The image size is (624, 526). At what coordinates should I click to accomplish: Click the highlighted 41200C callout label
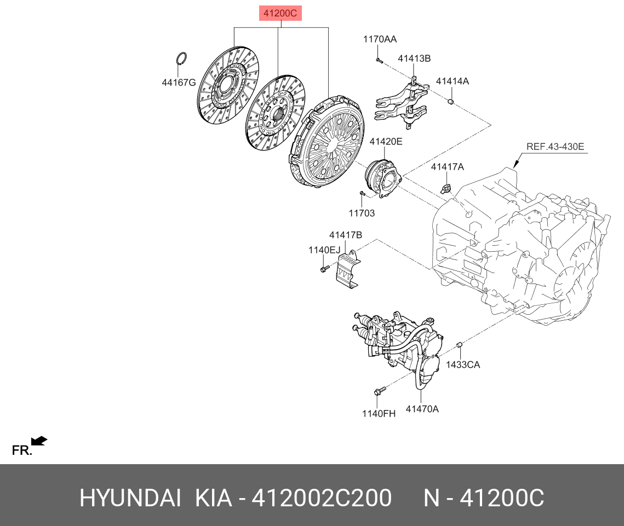click(280, 13)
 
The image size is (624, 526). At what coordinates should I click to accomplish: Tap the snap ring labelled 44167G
click(182, 58)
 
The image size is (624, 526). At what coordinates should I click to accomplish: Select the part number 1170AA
click(380, 39)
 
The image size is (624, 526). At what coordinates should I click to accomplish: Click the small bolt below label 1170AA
click(379, 60)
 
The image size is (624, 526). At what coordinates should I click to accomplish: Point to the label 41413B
click(414, 59)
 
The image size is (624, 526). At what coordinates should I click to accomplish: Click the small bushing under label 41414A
click(451, 101)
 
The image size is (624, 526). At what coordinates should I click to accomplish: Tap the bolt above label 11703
click(362, 193)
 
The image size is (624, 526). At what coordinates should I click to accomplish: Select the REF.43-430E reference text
click(555, 146)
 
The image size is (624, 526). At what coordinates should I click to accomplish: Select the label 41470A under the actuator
click(422, 409)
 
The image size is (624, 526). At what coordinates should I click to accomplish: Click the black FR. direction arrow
click(39, 441)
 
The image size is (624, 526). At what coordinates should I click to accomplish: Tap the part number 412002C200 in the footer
click(322, 498)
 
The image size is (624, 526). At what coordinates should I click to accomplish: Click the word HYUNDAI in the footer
click(130, 498)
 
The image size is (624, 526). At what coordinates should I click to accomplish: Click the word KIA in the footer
click(213, 498)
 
